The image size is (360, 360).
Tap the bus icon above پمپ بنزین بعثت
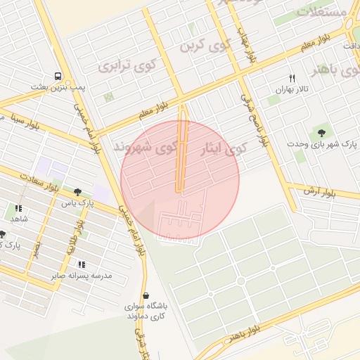click(x=56, y=77)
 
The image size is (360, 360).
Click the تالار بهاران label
click(x=292, y=90)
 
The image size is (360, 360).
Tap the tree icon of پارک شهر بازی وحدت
click(x=323, y=131)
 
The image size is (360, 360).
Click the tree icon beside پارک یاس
click(x=77, y=192)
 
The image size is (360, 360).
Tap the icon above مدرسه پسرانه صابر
click(x=82, y=264)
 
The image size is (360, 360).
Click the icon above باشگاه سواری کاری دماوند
click(x=146, y=296)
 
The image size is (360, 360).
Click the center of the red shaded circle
click(x=180, y=180)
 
